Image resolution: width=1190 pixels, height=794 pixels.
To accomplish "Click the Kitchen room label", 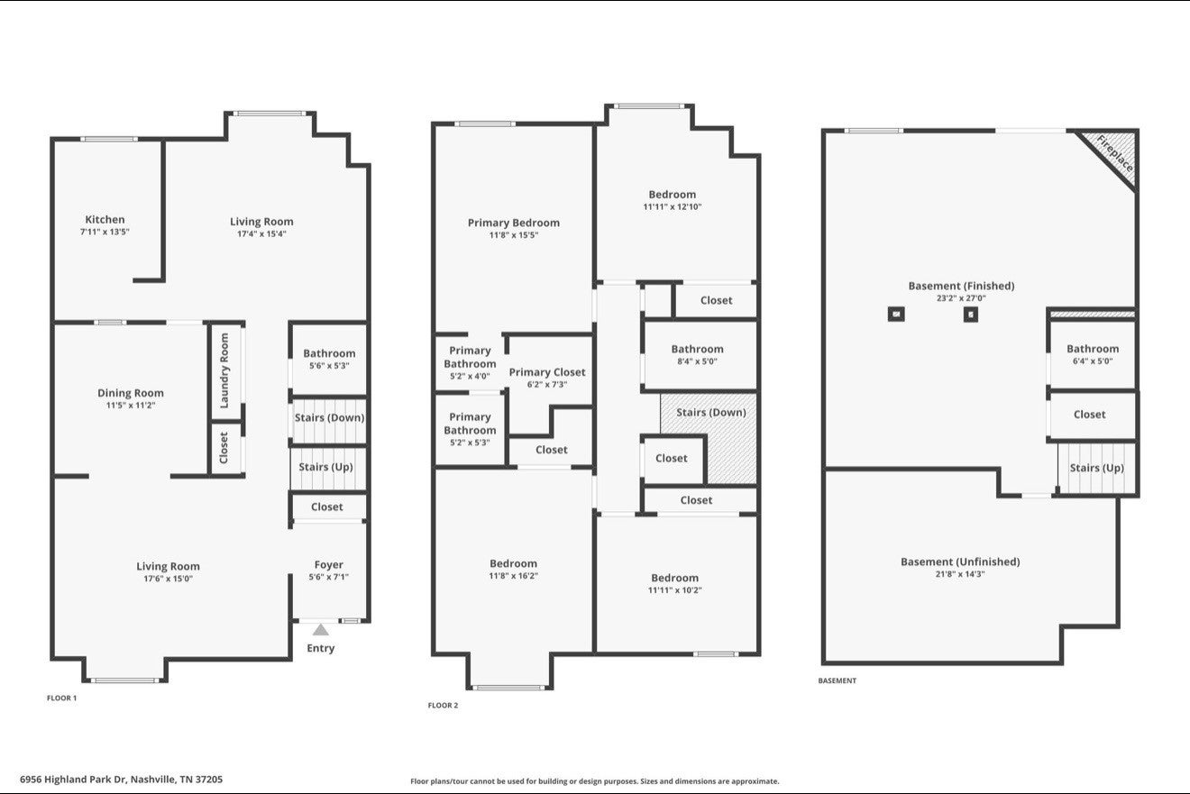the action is (x=105, y=219).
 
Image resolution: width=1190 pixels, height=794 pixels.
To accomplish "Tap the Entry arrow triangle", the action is (x=320, y=630).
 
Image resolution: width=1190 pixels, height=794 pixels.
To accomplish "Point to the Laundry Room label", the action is (x=224, y=370).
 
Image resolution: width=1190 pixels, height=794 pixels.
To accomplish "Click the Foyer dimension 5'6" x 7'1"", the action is (x=328, y=577).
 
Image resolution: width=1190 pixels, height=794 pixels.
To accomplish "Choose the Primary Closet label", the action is (x=547, y=372).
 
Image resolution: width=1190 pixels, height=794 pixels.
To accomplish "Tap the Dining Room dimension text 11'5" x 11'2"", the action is (x=131, y=406).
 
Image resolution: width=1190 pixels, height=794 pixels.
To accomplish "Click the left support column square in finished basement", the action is (x=896, y=314).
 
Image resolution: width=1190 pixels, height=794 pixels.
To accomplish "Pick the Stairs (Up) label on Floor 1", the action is (x=325, y=467).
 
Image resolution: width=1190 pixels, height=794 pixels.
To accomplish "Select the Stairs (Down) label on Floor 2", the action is (x=710, y=412).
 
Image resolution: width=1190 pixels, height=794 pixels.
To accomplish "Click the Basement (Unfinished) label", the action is (x=960, y=561).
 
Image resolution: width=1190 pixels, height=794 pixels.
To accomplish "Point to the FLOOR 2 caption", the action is (x=443, y=706).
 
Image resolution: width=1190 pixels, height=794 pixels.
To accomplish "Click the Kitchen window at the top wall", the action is (x=109, y=139).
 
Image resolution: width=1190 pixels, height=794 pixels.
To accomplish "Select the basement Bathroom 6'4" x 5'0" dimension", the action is (x=1093, y=361).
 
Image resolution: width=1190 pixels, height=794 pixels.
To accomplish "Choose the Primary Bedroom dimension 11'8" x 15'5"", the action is (x=514, y=234).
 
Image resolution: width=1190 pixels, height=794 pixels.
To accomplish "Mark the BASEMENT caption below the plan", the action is (x=838, y=680).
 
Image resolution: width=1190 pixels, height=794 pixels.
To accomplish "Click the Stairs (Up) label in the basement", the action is (x=1097, y=468).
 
